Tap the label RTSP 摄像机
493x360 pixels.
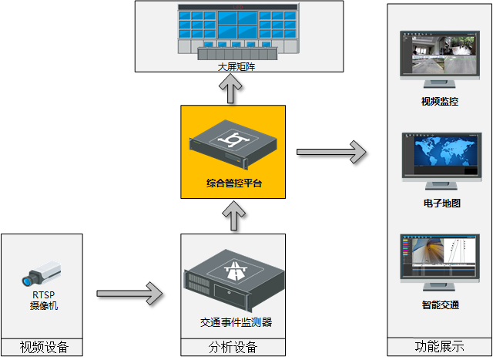(43, 300)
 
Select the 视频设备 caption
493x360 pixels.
(43, 348)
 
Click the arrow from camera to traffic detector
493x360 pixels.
(130, 293)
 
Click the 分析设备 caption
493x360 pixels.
(233, 348)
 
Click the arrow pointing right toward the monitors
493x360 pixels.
(330, 151)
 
